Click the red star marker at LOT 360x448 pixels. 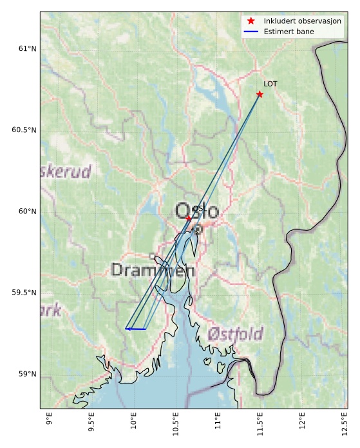[x=260, y=94]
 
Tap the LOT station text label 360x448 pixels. [x=270, y=84]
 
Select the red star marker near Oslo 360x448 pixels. [x=188, y=219]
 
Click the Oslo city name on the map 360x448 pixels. [x=197, y=211]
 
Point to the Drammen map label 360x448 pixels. [x=153, y=271]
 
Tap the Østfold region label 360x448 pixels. [x=235, y=334]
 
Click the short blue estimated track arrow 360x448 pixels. [x=135, y=329]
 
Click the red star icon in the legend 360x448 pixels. [x=251, y=21]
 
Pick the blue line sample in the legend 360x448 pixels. [x=251, y=32]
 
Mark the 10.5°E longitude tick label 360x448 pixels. [x=176, y=426]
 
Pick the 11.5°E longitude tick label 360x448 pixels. [x=260, y=426]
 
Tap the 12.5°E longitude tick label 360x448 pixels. [x=344, y=426]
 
